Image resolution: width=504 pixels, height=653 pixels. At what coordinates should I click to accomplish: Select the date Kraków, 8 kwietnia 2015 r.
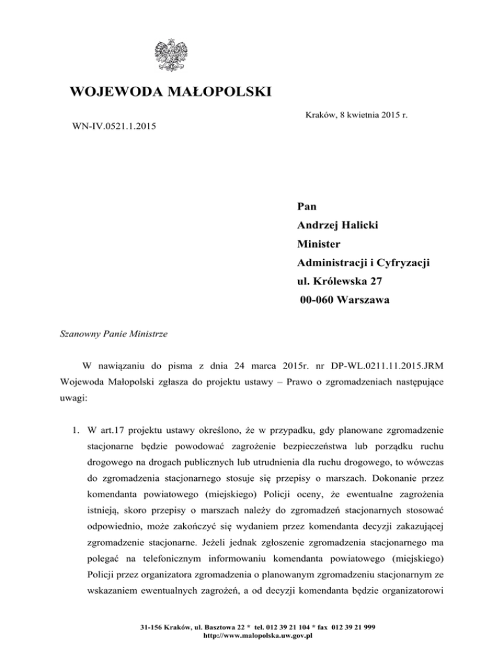[x=358, y=115]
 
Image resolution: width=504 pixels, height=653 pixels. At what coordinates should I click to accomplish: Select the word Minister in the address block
[x=322, y=244]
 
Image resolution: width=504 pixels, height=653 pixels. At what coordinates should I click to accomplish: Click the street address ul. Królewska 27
[x=342, y=282]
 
